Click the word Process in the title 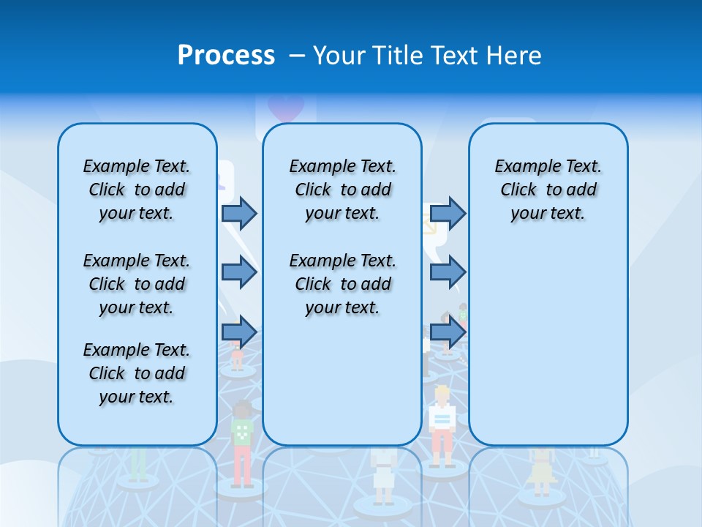[226, 55]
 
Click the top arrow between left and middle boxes [238, 213]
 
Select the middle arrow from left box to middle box [238, 273]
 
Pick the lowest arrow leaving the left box [238, 332]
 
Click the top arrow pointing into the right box [448, 213]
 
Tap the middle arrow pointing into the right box [448, 273]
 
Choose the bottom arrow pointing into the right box [448, 332]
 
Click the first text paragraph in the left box [137, 190]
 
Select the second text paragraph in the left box [137, 284]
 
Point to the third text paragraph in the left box [137, 373]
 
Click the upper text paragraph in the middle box [342, 190]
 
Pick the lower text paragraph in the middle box [342, 284]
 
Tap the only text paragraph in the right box [548, 190]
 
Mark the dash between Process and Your [297, 56]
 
